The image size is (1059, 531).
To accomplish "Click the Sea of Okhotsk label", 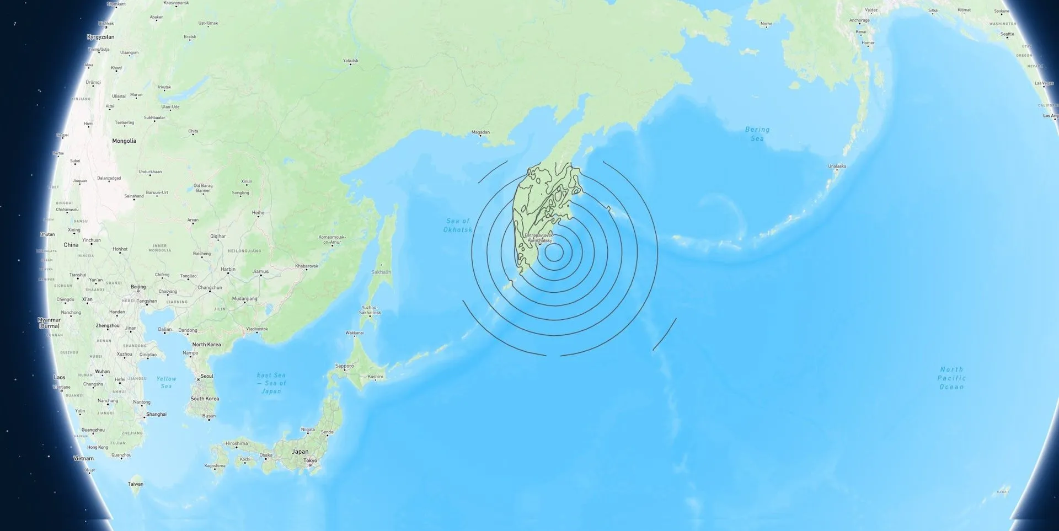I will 458,225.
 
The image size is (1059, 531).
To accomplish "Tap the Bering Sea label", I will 757,134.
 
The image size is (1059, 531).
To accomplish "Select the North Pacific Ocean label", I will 951,378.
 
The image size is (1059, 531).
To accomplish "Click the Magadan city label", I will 480,132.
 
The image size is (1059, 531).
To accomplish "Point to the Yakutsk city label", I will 351,61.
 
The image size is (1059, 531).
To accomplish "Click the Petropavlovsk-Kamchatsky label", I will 540,238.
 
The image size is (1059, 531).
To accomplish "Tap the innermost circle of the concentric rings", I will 554,253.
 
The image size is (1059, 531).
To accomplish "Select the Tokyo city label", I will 310,460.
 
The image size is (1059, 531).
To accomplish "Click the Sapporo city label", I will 345,366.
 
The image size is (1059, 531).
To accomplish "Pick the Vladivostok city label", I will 257,329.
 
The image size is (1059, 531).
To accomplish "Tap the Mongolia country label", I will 124,141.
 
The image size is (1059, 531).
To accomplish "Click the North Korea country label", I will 206,345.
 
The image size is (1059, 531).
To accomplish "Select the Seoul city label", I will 206,376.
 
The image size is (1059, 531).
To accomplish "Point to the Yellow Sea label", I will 166,382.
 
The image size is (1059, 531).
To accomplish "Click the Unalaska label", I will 837,166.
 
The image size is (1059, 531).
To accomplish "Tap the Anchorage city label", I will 859,20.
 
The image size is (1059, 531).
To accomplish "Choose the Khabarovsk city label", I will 307,266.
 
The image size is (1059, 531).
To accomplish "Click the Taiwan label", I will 136,484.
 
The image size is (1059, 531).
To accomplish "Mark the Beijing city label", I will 138,287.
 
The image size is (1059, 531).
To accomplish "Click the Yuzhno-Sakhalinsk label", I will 370,310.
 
